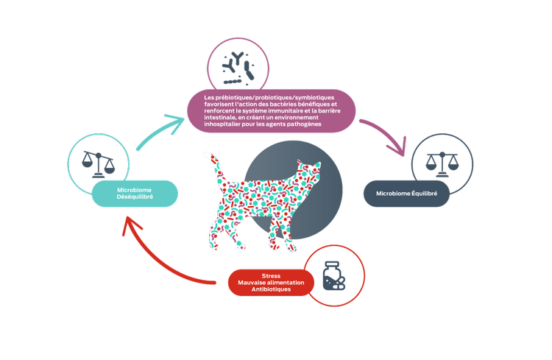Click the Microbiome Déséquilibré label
(135, 193)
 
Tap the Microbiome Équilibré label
(406, 194)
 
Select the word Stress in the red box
(271, 275)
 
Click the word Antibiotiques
(271, 289)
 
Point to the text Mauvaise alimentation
(271, 283)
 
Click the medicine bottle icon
(335, 277)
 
